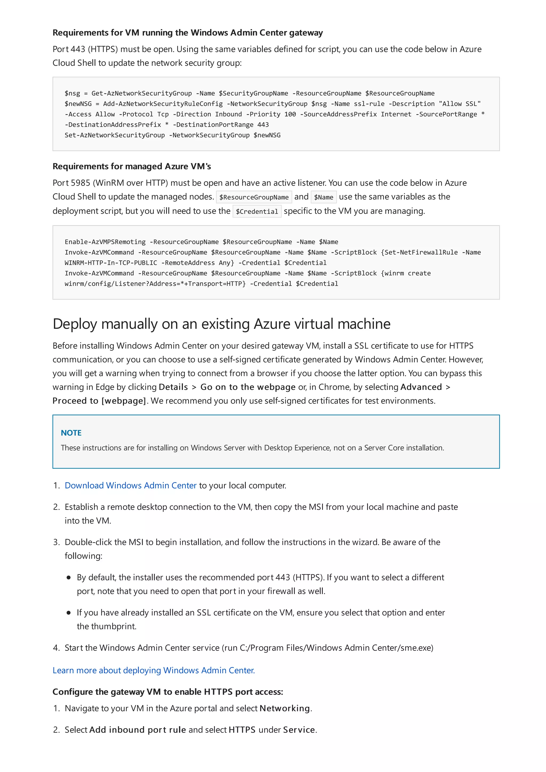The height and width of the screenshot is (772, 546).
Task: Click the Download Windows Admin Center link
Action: (131, 486)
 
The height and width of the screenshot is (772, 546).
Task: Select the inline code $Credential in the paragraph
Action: (257, 212)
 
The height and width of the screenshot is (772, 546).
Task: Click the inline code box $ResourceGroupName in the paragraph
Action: (254, 197)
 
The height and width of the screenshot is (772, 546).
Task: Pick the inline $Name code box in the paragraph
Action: (323, 197)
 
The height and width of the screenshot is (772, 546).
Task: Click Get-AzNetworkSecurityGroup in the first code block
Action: (142, 94)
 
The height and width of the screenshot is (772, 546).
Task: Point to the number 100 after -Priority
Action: (290, 114)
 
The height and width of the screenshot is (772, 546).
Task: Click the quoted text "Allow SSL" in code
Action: (460, 104)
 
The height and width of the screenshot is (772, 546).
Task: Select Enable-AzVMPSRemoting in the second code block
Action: (105, 242)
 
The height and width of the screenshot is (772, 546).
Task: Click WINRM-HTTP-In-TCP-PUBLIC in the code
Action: (111, 263)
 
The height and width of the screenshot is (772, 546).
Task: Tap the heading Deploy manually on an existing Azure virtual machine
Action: (221, 324)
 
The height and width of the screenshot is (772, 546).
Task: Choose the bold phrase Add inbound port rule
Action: (137, 730)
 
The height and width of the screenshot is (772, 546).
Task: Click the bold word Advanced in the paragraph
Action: (421, 387)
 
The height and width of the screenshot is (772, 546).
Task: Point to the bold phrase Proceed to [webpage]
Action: (99, 401)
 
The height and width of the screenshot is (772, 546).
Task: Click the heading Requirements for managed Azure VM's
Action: (131, 166)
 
